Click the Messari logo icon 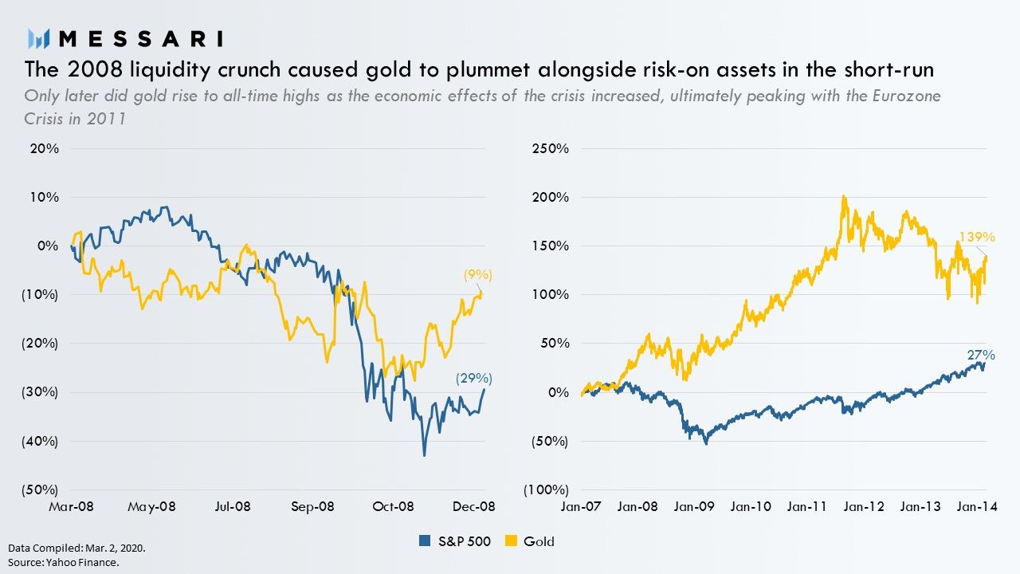pos(39,37)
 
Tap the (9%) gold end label pos(478,275)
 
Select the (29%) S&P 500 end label pos(473,379)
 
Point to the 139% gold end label pos(976,237)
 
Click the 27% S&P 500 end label pos(982,355)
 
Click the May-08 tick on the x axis pos(151,506)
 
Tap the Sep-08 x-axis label pos(312,506)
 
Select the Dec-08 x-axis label pos(475,506)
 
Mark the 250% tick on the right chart pos(551,148)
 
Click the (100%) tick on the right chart pos(546,489)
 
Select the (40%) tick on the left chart pos(41,441)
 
